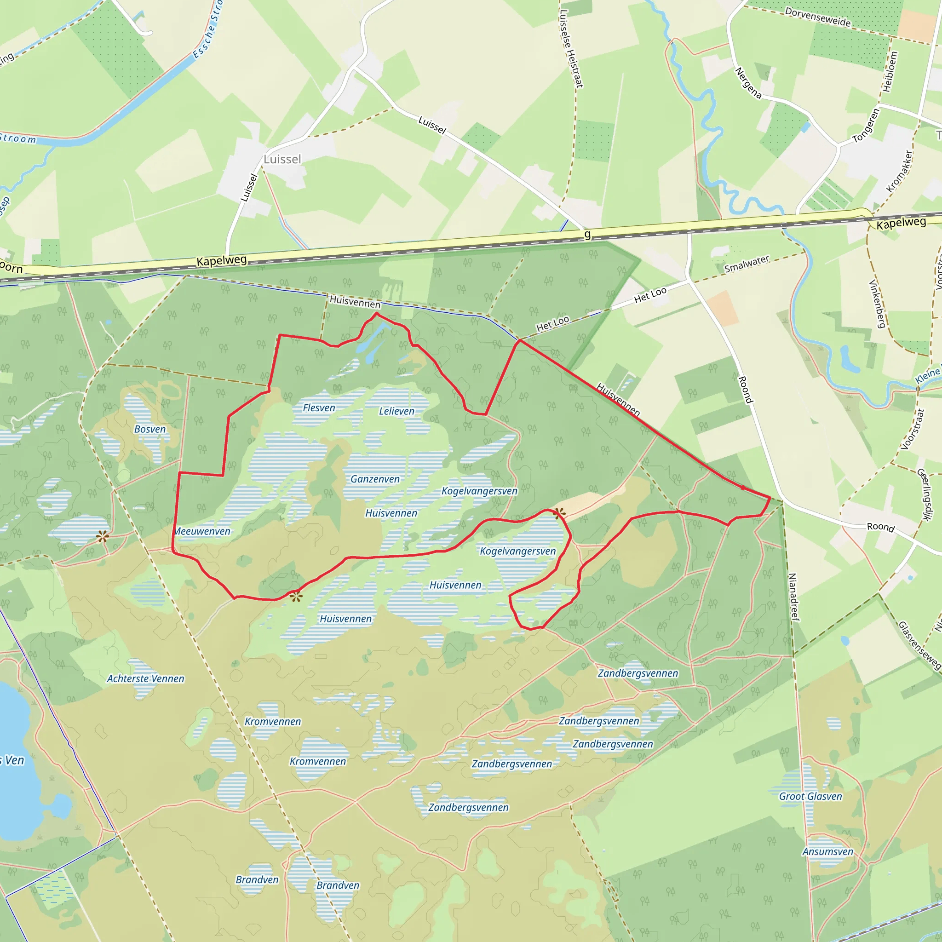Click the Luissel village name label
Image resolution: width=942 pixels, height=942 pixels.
click(x=282, y=160)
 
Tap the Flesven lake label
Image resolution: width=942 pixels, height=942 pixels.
click(x=319, y=408)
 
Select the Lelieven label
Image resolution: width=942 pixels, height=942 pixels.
click(x=396, y=412)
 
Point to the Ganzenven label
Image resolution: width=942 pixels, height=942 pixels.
click(x=375, y=479)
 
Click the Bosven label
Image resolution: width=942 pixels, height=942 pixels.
click(x=149, y=430)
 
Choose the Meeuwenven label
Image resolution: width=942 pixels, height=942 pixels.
click(x=202, y=531)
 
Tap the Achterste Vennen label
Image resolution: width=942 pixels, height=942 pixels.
click(x=146, y=679)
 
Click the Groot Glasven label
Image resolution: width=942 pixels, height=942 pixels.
click(x=810, y=796)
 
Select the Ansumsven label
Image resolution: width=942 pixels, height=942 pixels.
click(x=828, y=852)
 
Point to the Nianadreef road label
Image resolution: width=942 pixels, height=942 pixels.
click(x=794, y=597)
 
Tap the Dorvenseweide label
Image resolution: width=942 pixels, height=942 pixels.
click(x=818, y=17)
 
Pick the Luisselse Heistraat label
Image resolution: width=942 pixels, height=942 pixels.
click(x=571, y=49)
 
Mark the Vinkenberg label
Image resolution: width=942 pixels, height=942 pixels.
click(x=877, y=304)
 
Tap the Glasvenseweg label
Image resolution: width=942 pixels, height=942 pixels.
click(x=919, y=645)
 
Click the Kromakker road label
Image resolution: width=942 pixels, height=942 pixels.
click(x=900, y=171)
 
